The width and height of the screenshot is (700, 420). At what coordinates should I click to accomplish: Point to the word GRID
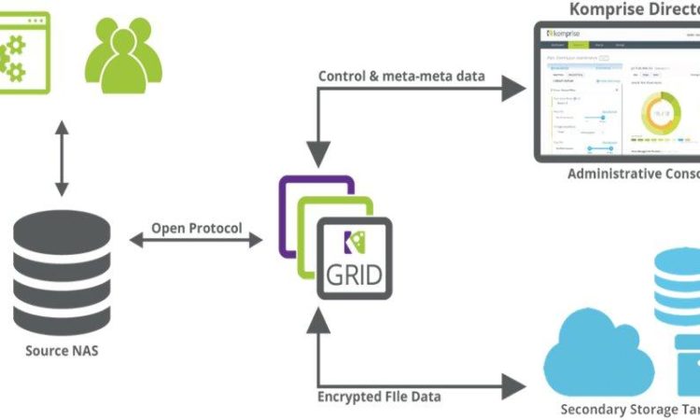pyautogui.click(x=353, y=275)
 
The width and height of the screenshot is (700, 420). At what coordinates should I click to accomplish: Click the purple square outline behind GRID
pyautogui.click(x=289, y=215)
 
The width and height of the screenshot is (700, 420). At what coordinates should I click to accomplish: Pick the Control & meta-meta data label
pyautogui.click(x=401, y=76)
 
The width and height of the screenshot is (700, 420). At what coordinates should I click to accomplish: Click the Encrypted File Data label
pyautogui.click(x=379, y=397)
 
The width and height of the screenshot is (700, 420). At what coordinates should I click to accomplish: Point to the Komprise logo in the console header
pyautogui.click(x=565, y=33)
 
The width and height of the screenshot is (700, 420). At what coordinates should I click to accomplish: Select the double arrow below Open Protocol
pyautogui.click(x=196, y=241)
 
